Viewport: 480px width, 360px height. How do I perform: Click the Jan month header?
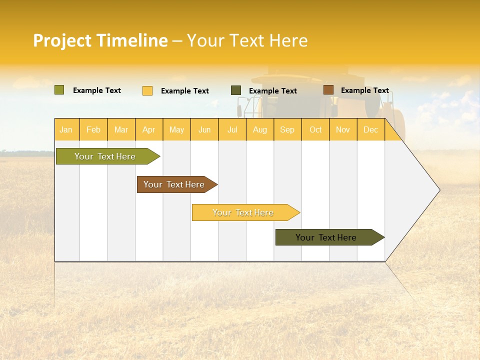coord(66,129)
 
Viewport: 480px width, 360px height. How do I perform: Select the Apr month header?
coord(149,129)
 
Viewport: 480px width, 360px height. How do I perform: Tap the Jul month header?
coord(232,129)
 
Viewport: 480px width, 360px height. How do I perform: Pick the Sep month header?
coord(287,129)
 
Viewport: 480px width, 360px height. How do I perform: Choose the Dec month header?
coord(371,129)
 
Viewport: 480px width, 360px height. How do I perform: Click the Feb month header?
coord(93,129)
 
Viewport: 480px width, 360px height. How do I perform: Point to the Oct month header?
coord(315,129)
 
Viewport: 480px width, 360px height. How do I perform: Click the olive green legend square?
coord(59,90)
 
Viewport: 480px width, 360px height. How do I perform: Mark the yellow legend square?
coord(147,90)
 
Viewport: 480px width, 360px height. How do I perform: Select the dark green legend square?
coord(236,90)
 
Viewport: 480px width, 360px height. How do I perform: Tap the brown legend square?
coord(328,90)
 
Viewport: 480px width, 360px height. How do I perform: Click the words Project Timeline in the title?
coord(100,40)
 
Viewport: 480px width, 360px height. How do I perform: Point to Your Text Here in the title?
coord(247,40)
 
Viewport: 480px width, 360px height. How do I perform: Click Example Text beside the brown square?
coord(365,90)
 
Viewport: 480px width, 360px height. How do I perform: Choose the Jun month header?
coord(204,129)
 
